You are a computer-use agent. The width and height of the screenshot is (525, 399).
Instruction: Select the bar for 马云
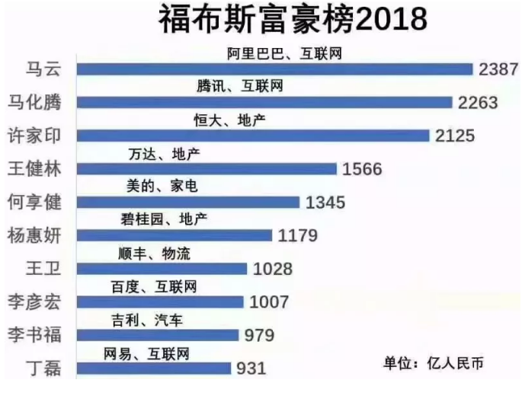[x=275, y=69]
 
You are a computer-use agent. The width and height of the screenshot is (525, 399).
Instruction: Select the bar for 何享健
[x=188, y=203]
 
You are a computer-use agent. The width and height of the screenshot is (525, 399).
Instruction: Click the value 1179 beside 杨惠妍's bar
[x=297, y=235]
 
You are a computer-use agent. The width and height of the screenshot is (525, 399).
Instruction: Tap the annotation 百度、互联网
[x=153, y=287]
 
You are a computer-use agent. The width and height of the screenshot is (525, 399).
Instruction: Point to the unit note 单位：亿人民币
[x=433, y=363]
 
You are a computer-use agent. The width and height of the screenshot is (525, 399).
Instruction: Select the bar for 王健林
[x=207, y=169]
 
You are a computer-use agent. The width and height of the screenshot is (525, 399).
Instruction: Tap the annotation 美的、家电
[x=153, y=187]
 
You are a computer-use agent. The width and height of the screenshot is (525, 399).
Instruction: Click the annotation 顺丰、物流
[x=150, y=254]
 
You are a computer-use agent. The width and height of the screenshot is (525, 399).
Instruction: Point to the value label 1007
[x=264, y=302]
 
